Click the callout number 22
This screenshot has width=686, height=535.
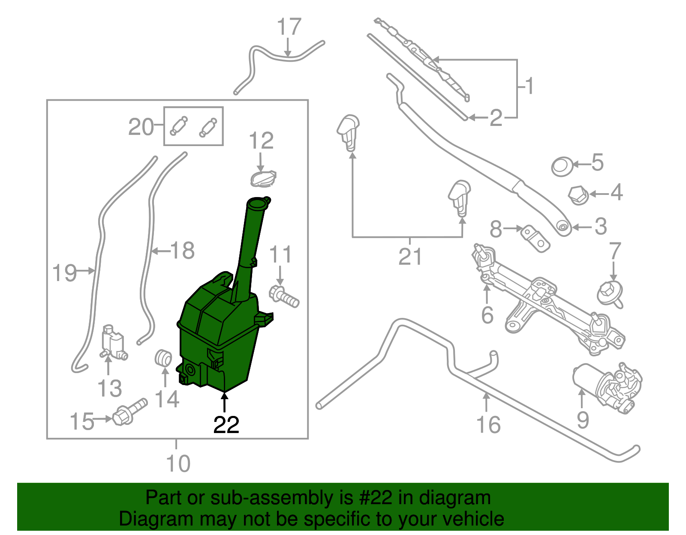(226, 424)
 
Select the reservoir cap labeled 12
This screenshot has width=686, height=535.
(263, 177)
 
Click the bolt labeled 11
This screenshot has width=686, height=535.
(284, 296)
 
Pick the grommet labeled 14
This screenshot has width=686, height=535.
(163, 358)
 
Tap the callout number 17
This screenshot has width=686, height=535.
(289, 27)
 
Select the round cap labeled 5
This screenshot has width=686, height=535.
(561, 166)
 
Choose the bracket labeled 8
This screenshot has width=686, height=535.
(535, 238)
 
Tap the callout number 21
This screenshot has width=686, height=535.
(410, 257)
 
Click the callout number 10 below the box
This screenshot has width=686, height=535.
(178, 463)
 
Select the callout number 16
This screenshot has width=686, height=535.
(488, 424)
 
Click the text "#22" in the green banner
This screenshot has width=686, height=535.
(373, 498)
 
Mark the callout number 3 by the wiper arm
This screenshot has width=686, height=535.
(600, 227)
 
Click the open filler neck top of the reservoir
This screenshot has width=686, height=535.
(257, 203)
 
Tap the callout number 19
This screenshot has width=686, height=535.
(64, 273)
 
